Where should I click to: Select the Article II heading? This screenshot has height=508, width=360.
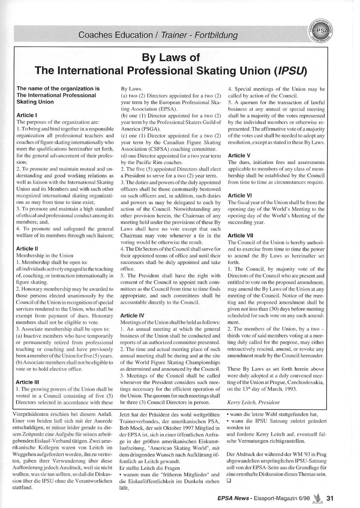[x=27, y=248]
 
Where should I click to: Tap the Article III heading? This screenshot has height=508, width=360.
[x=28, y=382]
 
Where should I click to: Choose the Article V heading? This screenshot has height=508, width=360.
[x=239, y=155]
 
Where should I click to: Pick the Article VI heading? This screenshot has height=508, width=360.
[x=240, y=195]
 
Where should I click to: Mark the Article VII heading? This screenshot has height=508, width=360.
[x=240, y=235]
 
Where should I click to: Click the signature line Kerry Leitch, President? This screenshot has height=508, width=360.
[x=253, y=403]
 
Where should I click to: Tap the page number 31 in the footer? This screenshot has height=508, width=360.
[x=330, y=498]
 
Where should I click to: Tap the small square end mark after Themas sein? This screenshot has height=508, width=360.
[x=229, y=481]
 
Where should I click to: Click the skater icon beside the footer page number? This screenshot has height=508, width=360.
[x=317, y=498]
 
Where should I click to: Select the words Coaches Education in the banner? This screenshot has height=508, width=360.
[x=115, y=35]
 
